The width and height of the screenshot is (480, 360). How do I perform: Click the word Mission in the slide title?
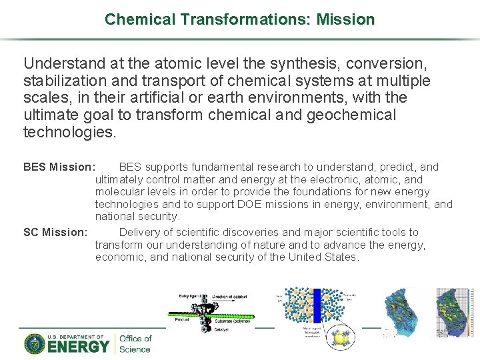[x=345, y=19]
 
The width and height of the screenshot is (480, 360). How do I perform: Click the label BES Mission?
[x=59, y=167]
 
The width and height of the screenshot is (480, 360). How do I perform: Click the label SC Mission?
[x=55, y=233]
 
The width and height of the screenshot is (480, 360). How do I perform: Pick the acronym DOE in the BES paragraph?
[x=251, y=205]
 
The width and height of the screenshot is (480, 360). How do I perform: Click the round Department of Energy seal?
[x=34, y=343]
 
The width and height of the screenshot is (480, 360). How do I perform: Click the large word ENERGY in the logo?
[x=78, y=347]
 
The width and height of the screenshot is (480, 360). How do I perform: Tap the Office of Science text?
[x=135, y=343]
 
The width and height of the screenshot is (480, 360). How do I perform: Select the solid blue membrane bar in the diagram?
[x=317, y=306]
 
